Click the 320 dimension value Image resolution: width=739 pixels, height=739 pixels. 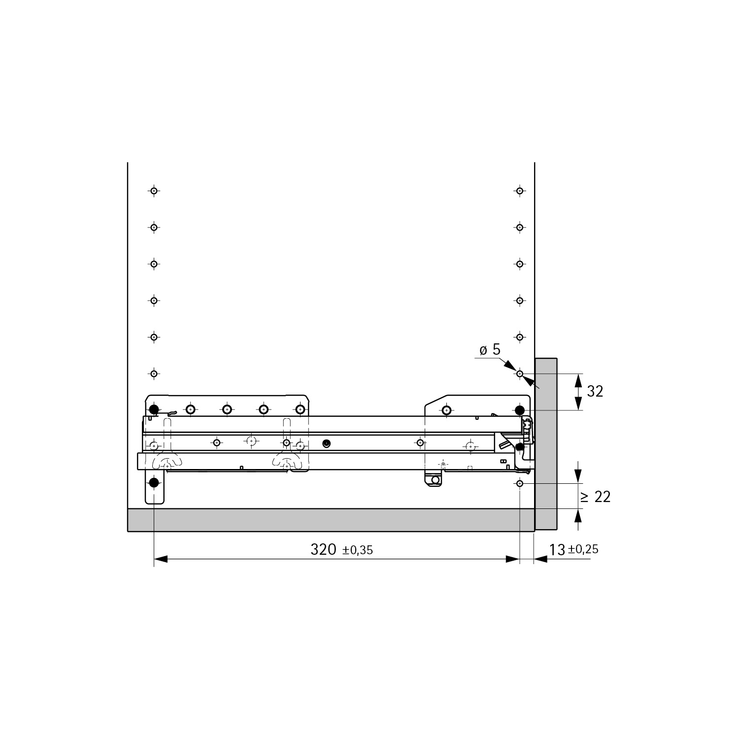(x=323, y=549)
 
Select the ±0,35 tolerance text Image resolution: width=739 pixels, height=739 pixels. (x=358, y=550)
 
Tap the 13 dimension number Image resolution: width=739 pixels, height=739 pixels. (x=557, y=550)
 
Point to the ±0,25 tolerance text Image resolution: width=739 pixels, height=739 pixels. (x=583, y=549)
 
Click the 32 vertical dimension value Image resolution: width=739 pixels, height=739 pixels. (x=595, y=392)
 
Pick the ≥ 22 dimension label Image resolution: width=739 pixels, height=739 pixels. (x=596, y=497)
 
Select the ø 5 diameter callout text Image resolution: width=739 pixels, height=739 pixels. (x=490, y=350)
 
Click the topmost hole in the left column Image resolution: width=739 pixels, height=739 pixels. (x=154, y=191)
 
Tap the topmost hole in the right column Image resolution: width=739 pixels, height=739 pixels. (x=520, y=191)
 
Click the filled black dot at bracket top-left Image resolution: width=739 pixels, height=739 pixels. (x=154, y=409)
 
